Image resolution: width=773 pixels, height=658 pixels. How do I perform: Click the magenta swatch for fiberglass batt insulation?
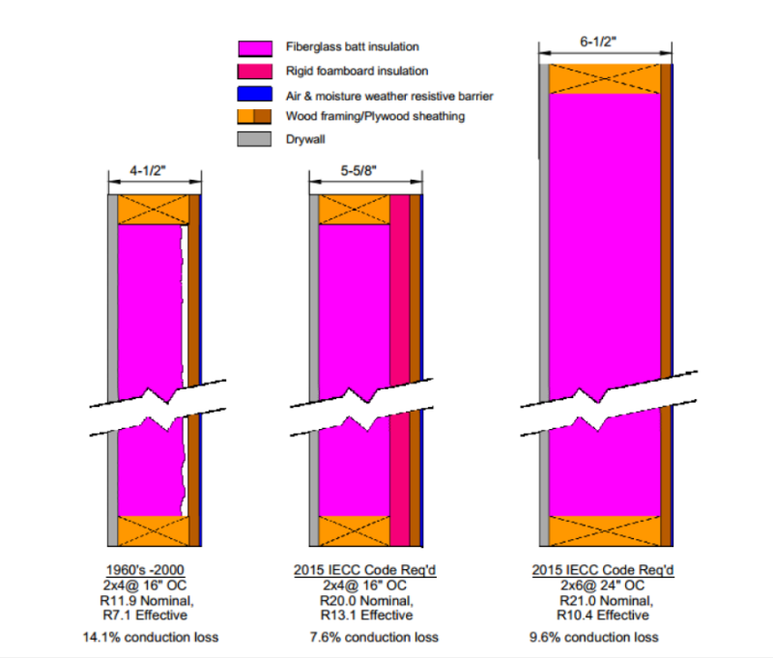point(255,47)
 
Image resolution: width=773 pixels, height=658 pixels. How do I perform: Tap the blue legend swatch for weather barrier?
point(255,94)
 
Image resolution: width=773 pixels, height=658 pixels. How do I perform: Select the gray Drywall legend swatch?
point(255,139)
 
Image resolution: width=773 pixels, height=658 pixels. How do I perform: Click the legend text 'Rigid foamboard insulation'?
point(357,71)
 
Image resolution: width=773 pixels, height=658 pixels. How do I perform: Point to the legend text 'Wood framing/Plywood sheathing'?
point(375,116)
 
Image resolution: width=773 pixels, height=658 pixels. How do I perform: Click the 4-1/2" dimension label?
point(154,171)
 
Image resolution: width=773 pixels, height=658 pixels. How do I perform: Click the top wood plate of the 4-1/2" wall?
point(153,210)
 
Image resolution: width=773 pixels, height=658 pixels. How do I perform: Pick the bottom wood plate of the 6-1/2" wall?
point(605,530)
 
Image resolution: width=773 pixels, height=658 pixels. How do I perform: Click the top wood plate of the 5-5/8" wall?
point(354,210)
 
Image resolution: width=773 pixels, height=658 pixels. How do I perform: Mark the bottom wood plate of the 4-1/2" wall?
point(153,530)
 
